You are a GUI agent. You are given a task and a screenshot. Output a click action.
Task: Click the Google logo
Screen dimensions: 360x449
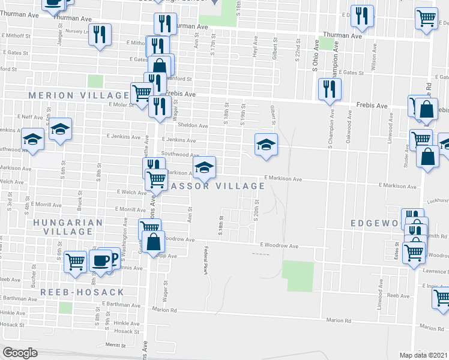(x=20, y=353)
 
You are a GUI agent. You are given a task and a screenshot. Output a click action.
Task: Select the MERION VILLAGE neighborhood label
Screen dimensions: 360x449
(x=78, y=95)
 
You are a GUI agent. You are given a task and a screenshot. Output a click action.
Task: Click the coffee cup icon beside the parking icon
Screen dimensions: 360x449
(x=100, y=260)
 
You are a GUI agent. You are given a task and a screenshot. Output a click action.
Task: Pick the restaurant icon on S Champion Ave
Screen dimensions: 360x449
(x=330, y=89)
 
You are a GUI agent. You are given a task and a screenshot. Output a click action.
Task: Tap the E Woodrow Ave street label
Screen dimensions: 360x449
(x=279, y=246)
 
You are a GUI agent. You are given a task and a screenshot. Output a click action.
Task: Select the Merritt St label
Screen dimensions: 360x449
(x=113, y=346)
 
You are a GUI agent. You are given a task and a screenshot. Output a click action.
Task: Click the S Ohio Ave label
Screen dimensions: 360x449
(x=314, y=58)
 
